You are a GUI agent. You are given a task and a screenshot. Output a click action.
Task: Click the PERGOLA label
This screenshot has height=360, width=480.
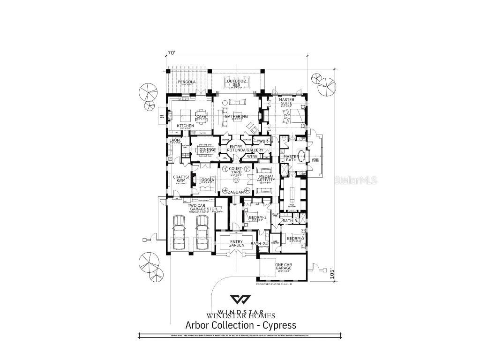click(x=187, y=82)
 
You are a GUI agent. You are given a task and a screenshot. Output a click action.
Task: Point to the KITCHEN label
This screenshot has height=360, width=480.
click(x=186, y=126)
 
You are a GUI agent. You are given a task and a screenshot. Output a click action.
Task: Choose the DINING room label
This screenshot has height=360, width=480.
click(x=207, y=150)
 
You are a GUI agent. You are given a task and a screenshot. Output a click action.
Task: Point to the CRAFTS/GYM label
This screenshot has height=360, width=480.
click(x=180, y=179)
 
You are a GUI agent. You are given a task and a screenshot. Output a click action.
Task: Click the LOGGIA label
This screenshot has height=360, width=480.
click(x=207, y=180)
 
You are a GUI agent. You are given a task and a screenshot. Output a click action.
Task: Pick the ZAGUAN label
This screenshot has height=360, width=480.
click(x=235, y=192)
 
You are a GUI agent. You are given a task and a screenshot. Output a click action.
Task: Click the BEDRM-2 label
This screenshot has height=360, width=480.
click(x=258, y=218)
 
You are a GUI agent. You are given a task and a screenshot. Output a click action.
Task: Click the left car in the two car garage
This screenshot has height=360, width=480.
click(x=178, y=233)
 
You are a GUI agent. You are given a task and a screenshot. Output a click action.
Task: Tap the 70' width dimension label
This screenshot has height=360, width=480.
click(x=171, y=53)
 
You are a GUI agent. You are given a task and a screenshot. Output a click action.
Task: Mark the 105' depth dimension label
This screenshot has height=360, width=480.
click(x=332, y=273)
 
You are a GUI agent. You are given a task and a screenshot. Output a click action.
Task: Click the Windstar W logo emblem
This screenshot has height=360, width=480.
click(x=240, y=300)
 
